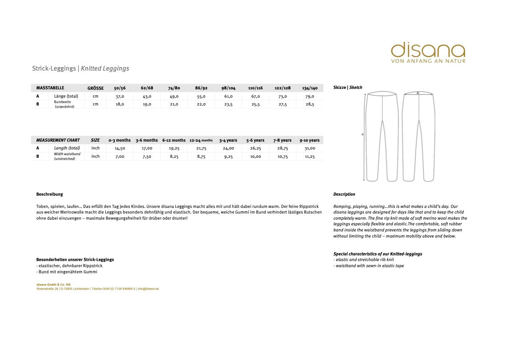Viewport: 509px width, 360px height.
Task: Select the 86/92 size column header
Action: point(201,88)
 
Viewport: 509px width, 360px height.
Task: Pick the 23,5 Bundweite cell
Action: point(228,104)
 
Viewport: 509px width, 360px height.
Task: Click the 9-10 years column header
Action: point(309,140)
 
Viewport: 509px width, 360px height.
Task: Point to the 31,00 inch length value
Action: point(310,148)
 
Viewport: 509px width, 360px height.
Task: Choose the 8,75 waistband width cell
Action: point(201,156)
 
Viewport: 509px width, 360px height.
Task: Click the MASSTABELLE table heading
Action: point(51,88)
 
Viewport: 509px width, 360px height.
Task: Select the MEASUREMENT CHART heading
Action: point(58,140)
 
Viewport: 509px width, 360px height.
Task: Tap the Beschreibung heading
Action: point(50,194)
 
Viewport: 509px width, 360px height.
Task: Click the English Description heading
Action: point(344,194)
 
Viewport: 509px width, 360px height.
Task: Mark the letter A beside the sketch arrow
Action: point(362,135)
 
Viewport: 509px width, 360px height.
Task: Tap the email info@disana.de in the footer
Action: point(148,289)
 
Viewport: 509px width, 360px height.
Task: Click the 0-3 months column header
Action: point(120,140)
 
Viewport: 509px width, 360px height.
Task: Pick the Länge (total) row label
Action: point(66,96)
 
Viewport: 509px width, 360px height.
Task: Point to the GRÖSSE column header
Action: point(95,88)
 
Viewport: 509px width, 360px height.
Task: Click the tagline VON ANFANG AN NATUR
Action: point(428,61)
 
